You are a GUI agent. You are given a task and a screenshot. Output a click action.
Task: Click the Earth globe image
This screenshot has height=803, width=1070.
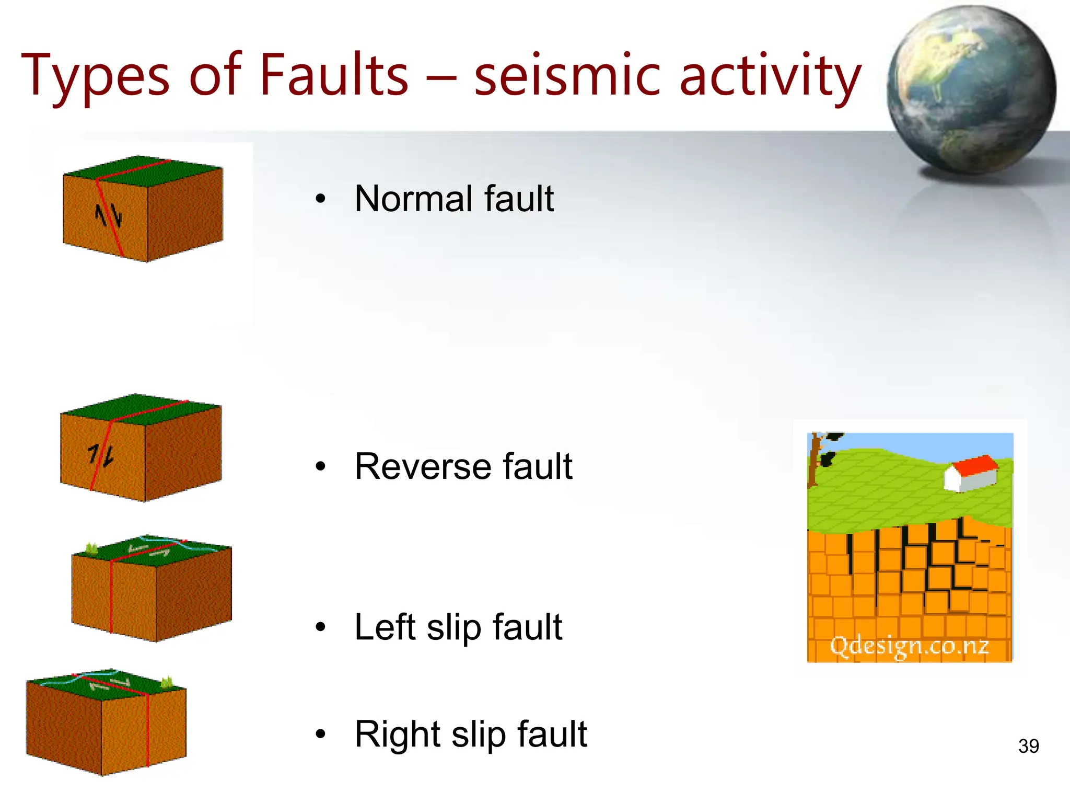point(971,90)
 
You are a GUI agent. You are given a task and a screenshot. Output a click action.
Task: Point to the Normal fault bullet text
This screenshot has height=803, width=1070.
point(453,199)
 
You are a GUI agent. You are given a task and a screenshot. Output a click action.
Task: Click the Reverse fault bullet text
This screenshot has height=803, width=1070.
point(463,466)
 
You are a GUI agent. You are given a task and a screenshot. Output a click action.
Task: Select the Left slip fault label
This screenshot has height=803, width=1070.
point(458,627)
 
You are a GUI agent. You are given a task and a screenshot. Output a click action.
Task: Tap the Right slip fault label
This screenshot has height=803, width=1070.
point(470,735)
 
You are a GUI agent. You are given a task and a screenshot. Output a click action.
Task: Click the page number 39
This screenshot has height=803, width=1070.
point(1028,746)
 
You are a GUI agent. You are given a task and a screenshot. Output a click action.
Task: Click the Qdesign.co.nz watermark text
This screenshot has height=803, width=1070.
point(909,646)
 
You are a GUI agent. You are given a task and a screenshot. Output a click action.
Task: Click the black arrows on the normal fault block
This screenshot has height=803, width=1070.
point(108,215)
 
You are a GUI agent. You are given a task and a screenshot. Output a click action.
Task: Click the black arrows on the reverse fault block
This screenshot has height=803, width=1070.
point(100,455)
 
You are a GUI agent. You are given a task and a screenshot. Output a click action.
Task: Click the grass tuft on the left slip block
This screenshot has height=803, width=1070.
point(91,548)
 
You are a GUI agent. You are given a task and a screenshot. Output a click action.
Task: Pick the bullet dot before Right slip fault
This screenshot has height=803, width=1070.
point(320,734)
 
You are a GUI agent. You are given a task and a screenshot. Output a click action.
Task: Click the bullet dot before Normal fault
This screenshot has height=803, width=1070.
point(320,199)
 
